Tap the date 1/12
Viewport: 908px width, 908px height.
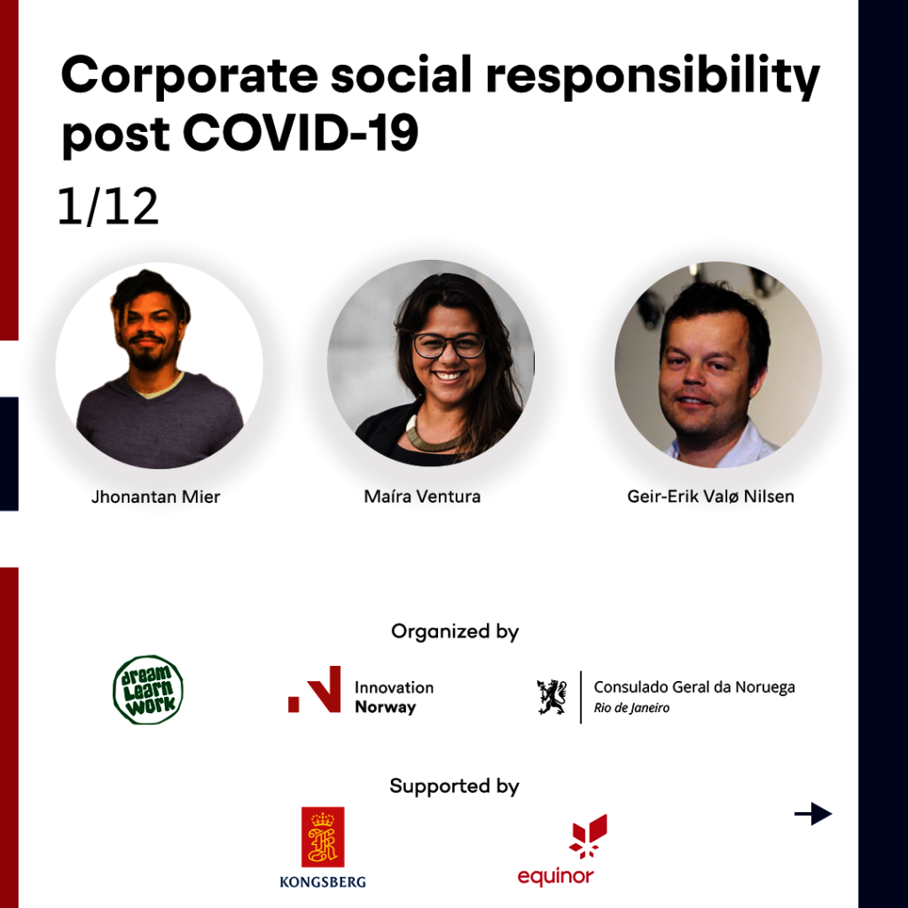click(107, 206)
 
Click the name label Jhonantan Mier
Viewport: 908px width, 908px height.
click(156, 497)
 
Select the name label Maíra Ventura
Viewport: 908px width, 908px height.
click(422, 497)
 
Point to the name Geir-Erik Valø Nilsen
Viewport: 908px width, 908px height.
click(710, 497)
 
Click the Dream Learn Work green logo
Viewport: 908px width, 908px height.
click(148, 690)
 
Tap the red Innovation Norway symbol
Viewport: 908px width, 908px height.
click(315, 689)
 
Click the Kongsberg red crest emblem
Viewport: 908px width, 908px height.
click(323, 837)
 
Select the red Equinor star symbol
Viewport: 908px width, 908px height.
click(589, 836)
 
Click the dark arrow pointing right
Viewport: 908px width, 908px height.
click(813, 814)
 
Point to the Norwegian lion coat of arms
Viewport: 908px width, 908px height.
click(552, 697)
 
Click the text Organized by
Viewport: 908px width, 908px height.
click(455, 631)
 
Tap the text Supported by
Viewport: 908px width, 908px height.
click(455, 786)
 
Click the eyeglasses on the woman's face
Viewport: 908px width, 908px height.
click(449, 345)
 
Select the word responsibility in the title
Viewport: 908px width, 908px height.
click(653, 78)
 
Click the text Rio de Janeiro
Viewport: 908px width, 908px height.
click(631, 708)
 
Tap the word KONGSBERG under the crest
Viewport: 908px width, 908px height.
click(323, 882)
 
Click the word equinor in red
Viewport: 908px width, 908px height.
click(555, 877)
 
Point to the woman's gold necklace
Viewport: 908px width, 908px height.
click(433, 436)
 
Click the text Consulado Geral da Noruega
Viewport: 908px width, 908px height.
click(694, 687)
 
